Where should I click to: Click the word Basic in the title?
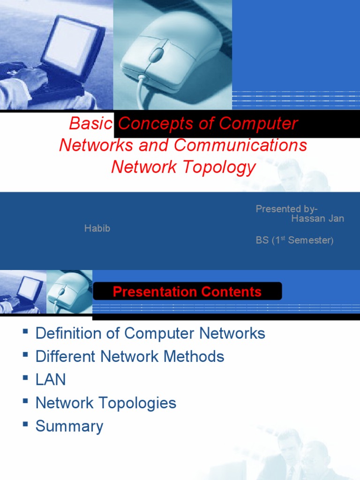90,123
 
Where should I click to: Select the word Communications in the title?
241,145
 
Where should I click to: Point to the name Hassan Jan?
317,218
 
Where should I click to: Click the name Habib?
97,229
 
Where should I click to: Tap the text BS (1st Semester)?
294,240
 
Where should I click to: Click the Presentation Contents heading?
187,292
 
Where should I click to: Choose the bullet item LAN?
51,380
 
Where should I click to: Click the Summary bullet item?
69,426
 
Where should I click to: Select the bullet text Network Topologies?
106,403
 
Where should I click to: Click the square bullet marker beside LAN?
25,377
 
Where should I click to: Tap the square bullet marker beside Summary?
25,424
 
